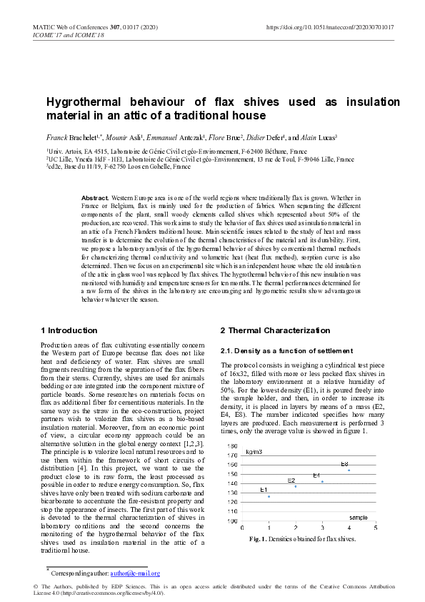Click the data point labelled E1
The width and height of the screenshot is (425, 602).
[269, 496]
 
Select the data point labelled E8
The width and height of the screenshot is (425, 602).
[349, 470]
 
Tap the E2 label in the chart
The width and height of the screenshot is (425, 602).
[291, 480]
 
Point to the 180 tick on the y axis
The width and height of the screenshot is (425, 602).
[232, 445]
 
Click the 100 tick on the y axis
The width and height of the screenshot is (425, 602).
[232, 521]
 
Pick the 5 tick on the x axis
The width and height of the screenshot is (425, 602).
[375, 528]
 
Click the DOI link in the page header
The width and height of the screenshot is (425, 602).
[330, 27]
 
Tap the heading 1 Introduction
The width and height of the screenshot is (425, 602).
[69, 330]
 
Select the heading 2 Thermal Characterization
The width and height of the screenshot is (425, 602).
[275, 330]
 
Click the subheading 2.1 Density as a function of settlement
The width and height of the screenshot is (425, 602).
[286, 351]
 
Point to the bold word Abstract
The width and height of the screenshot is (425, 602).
[94, 197]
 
